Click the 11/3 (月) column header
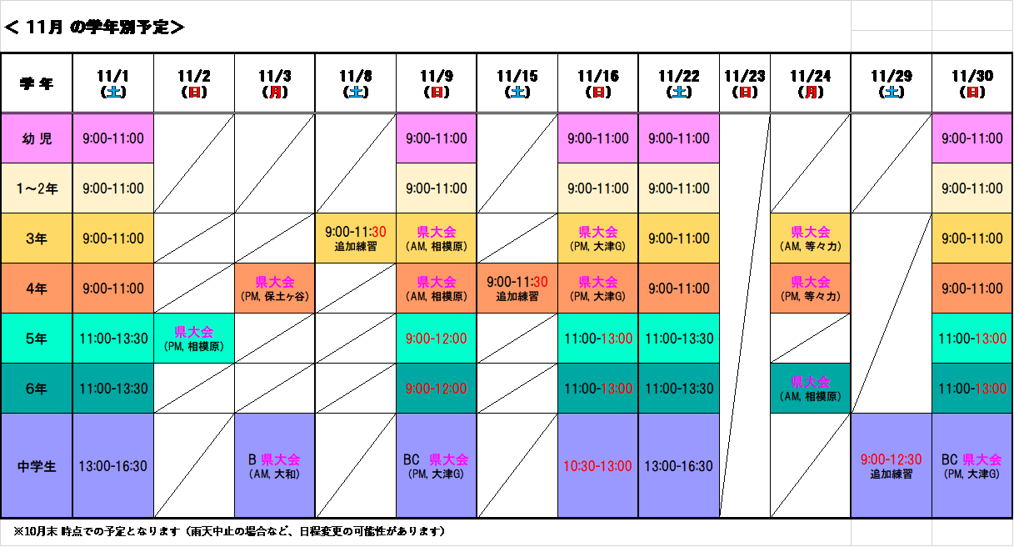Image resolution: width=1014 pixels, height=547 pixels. (275, 83)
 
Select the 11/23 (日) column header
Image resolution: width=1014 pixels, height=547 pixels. (745, 83)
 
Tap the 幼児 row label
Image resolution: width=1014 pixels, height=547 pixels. (37, 138)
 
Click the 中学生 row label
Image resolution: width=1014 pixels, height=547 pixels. (37, 466)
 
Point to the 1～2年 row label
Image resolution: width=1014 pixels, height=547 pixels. (37, 188)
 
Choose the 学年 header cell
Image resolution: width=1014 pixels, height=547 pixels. (37, 83)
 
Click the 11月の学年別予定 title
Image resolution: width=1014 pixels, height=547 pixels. (94, 28)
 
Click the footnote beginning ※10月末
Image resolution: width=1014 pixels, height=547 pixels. (229, 531)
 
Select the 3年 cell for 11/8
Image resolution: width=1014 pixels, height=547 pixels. (356, 238)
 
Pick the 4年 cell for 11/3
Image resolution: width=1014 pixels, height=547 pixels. (275, 289)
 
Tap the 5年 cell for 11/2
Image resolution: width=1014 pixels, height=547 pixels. (194, 339)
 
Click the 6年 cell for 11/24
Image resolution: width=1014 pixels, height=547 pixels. (811, 389)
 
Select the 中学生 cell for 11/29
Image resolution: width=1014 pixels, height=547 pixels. (892, 466)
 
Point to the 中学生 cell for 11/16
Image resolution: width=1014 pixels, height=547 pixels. (598, 466)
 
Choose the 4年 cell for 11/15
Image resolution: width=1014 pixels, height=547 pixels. (517, 289)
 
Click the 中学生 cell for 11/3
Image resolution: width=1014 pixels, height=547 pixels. (275, 466)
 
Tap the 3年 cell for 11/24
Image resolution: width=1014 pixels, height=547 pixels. (811, 238)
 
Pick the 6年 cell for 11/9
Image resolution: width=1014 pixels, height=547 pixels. (437, 389)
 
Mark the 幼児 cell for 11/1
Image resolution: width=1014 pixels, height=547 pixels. (113, 138)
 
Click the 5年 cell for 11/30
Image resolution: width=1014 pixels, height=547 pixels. (972, 339)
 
